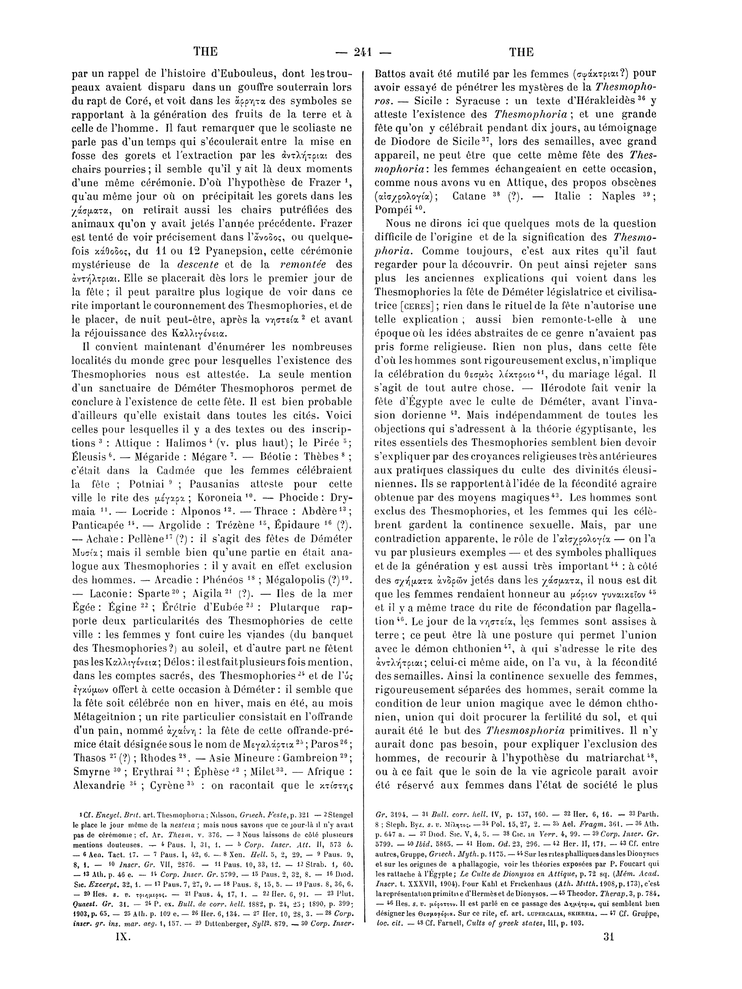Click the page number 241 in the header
click(363, 52)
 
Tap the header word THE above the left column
click(205, 52)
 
